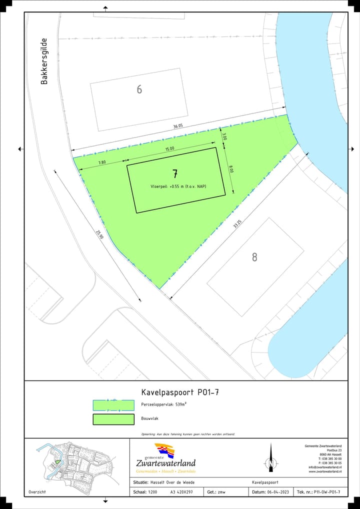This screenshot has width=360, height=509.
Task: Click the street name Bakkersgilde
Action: (x=44, y=61)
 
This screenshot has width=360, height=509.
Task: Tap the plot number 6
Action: (x=139, y=89)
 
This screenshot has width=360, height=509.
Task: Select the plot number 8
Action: (x=254, y=257)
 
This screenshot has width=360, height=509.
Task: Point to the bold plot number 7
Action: (x=175, y=174)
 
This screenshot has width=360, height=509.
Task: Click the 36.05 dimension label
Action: (x=178, y=126)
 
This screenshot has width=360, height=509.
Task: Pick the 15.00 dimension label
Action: (x=170, y=148)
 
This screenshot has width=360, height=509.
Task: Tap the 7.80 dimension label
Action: (x=102, y=162)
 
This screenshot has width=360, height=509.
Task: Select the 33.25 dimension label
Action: (x=237, y=224)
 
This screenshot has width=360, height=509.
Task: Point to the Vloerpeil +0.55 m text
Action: (x=179, y=186)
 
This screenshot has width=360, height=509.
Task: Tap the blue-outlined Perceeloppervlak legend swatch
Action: (x=113, y=405)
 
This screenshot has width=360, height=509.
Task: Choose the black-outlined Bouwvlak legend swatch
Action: (x=113, y=419)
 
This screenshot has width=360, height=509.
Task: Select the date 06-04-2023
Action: (x=277, y=492)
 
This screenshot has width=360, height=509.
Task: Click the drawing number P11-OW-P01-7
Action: (x=326, y=492)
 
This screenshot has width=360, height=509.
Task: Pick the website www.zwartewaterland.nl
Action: (x=325, y=471)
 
